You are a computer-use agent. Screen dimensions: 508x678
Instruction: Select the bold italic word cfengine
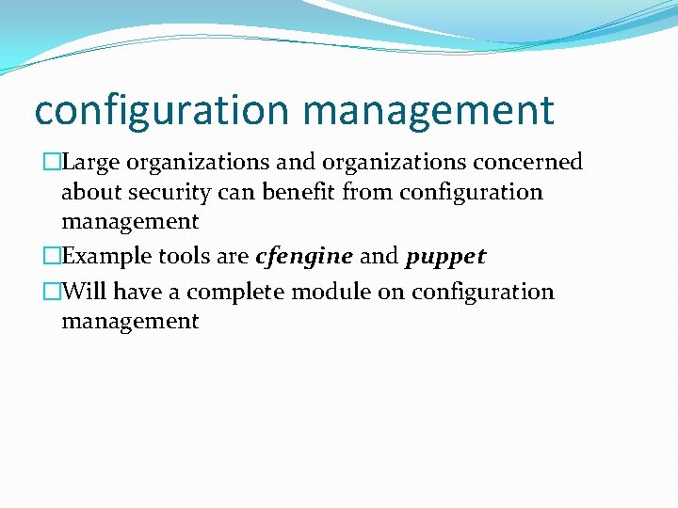click(x=304, y=257)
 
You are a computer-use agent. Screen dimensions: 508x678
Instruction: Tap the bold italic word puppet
click(x=445, y=257)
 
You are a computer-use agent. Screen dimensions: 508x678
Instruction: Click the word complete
click(x=237, y=292)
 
